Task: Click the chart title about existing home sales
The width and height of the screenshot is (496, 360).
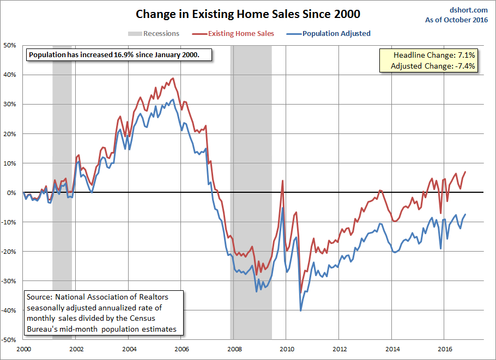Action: (248, 13)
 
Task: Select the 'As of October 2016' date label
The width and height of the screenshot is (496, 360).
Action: (457, 20)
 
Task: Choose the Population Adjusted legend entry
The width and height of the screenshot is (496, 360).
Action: (336, 34)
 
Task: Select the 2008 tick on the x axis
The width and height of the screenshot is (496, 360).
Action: (234, 349)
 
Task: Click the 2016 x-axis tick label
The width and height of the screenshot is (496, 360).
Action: (445, 349)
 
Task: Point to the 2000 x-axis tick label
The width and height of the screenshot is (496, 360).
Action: (23, 349)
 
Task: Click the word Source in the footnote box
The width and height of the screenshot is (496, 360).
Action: (40, 297)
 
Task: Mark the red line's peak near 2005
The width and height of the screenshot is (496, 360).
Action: (173, 78)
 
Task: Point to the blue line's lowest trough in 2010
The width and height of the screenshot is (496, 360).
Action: (300, 310)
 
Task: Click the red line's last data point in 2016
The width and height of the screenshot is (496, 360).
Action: (465, 172)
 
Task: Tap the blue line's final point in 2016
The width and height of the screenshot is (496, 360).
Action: (465, 215)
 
